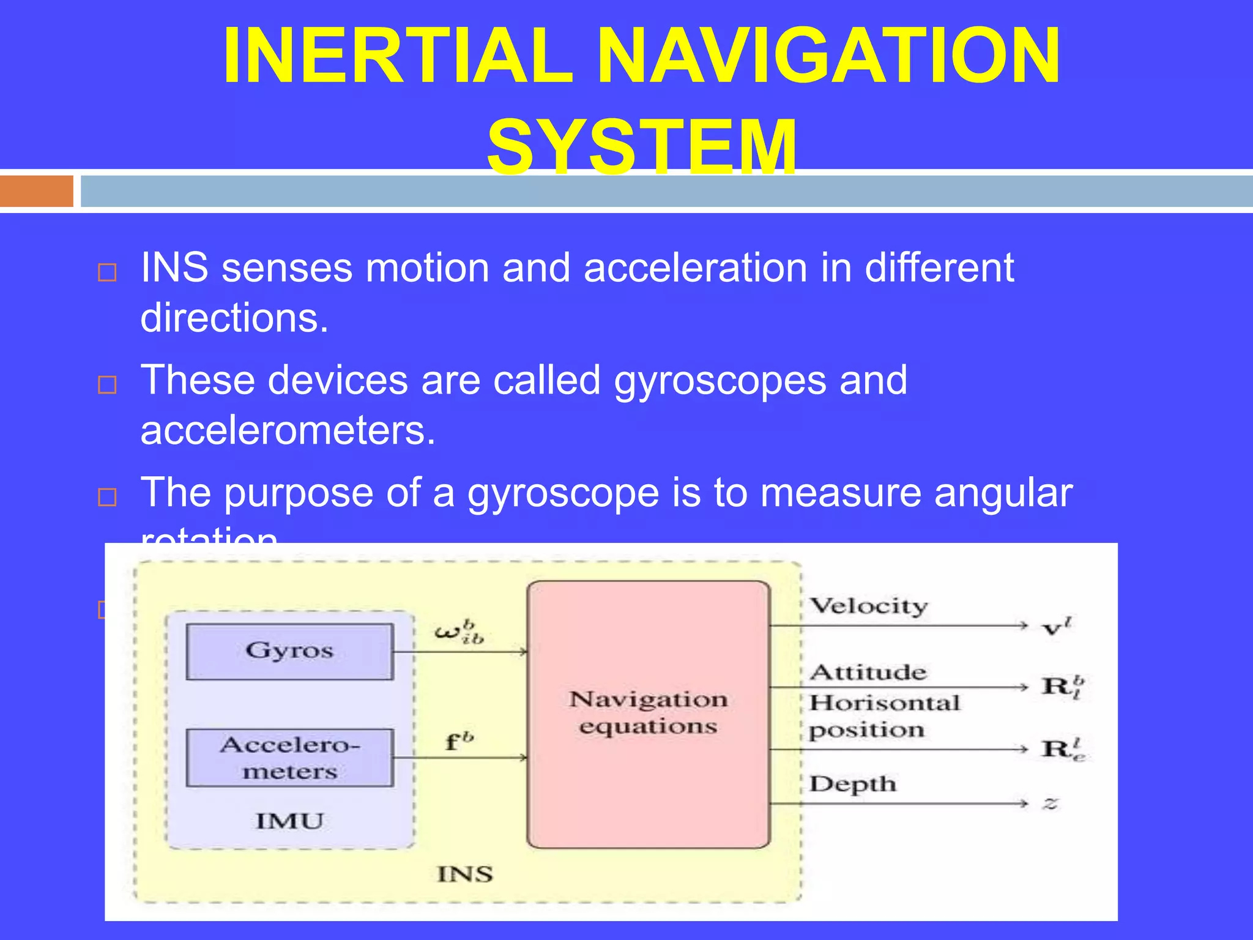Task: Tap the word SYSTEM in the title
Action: (642, 147)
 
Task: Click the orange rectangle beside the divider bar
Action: (37, 191)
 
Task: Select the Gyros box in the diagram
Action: (289, 652)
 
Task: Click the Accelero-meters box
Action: (289, 758)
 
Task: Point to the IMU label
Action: (289, 821)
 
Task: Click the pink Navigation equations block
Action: (649, 714)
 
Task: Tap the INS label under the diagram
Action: (465, 874)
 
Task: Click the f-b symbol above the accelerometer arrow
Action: (459, 741)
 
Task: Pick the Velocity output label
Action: (869, 606)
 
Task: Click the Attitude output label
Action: (868, 673)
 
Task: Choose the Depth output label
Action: (853, 784)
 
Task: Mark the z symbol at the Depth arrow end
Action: (1050, 804)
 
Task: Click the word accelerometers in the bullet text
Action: (288, 430)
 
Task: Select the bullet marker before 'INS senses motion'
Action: (108, 272)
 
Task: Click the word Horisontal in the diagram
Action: (885, 703)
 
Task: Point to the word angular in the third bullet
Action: (1003, 493)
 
